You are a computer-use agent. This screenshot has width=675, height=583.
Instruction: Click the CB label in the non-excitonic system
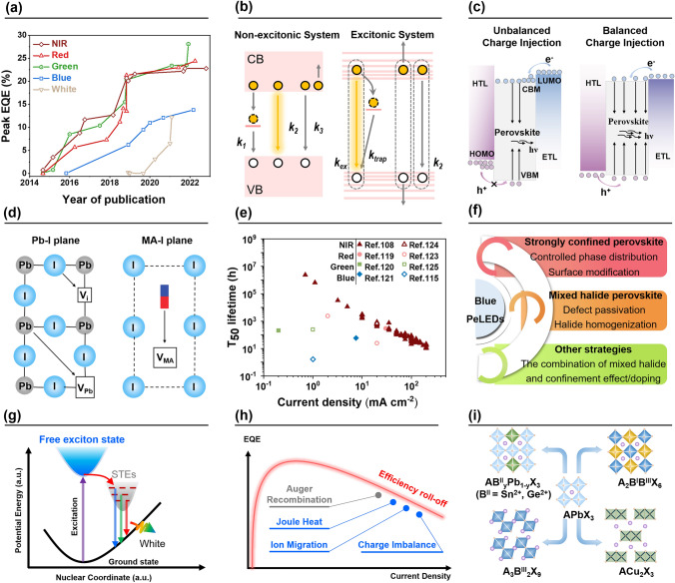pos(260,59)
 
